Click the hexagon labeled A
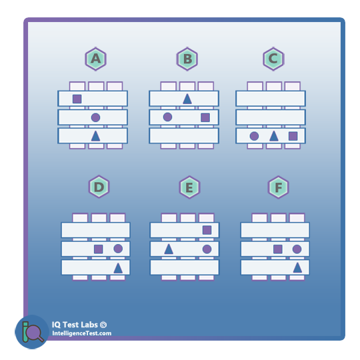pos(95,59)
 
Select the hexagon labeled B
pos(187,59)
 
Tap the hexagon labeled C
pos(273,59)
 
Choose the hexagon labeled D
pos(99,187)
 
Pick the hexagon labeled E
pos(189,187)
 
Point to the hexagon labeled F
pos(278,187)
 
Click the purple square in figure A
pos(77,99)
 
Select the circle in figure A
pos(95,117)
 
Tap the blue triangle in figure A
pos(95,136)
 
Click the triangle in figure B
pos(187,99)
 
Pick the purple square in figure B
pos(205,117)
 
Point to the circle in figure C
pos(254,136)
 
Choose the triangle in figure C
pos(274,136)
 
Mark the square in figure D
pos(99,249)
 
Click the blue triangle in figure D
pos(118,268)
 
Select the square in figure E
pos(207,230)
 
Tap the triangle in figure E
pos(169,249)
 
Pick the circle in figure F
pos(297,249)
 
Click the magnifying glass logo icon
pos(32,332)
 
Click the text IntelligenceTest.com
pos(81,333)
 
